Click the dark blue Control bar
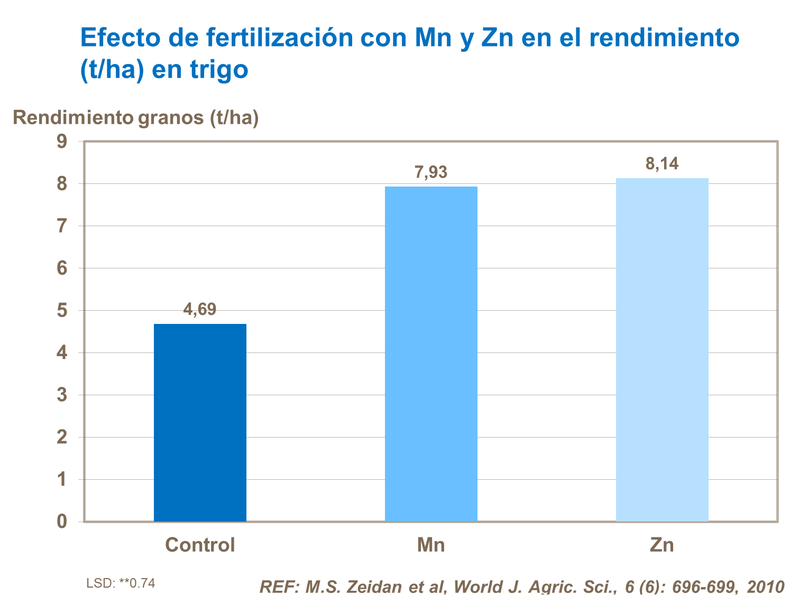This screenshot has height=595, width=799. (x=200, y=423)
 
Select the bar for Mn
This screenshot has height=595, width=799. (x=431, y=354)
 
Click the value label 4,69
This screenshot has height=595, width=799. (x=200, y=309)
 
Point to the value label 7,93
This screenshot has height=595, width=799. (x=431, y=172)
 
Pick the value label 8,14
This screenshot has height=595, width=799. (x=662, y=164)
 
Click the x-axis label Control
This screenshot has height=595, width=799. (x=200, y=545)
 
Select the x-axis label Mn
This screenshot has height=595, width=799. (x=431, y=545)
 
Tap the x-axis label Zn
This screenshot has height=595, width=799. (x=662, y=545)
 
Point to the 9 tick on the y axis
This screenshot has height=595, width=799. (x=62, y=142)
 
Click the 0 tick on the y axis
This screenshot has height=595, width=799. (x=62, y=522)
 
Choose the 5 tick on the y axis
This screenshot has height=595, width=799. (x=62, y=311)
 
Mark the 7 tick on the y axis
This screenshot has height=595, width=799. (x=62, y=226)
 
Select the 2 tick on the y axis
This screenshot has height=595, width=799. (x=62, y=437)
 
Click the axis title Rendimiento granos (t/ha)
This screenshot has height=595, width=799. (x=136, y=117)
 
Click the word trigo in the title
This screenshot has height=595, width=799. (x=219, y=69)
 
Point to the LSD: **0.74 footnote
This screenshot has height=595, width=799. (x=121, y=583)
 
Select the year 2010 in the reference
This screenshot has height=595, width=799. (x=765, y=587)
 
